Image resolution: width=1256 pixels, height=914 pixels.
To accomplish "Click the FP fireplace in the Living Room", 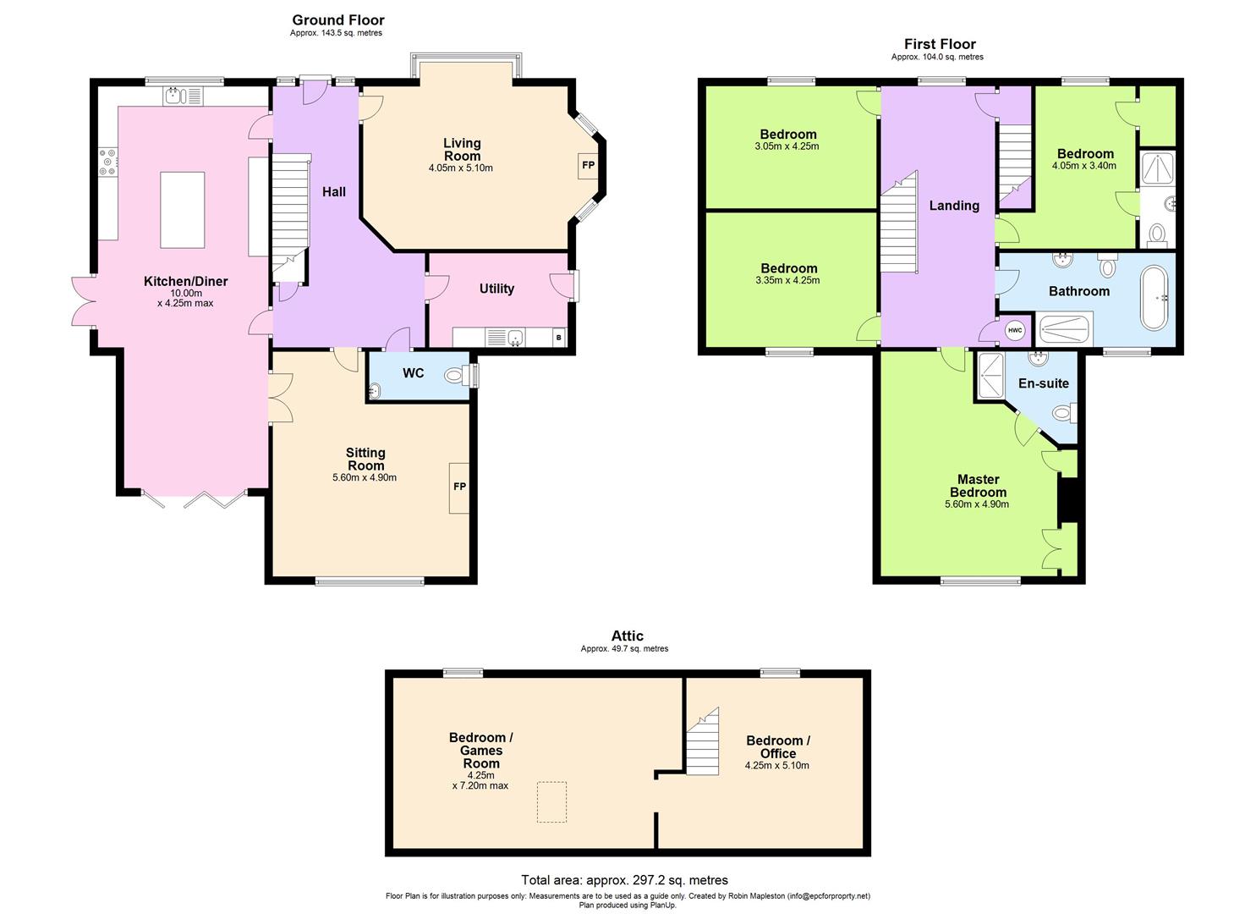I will click(588, 165).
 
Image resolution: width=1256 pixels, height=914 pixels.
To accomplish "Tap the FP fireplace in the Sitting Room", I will click(459, 487).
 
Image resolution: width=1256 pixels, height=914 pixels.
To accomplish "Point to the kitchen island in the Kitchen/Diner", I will click(183, 209).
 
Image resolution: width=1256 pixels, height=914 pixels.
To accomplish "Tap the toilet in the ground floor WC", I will click(458, 375).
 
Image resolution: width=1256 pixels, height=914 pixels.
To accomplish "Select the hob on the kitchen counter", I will click(108, 162).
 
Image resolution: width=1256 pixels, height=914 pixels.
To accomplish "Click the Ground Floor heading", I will click(338, 19).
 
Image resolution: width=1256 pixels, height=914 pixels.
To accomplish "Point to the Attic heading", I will click(627, 636).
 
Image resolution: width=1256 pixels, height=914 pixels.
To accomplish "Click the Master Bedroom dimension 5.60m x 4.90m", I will click(977, 504).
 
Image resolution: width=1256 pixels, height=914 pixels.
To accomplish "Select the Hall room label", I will click(334, 192).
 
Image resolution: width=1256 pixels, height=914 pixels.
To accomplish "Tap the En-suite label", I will click(1043, 383).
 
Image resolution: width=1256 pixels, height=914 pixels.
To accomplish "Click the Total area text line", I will click(624, 880).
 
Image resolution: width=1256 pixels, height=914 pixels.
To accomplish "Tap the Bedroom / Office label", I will click(777, 746).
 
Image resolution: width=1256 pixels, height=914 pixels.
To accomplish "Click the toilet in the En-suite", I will click(1062, 413).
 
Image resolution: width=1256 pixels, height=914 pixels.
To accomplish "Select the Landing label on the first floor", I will click(954, 206).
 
